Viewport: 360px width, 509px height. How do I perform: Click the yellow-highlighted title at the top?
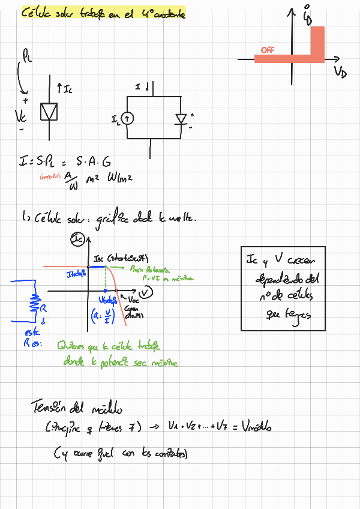pyautogui.click(x=103, y=13)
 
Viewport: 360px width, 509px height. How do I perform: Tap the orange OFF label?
pyautogui.click(x=268, y=50)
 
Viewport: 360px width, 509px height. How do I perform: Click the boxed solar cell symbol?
pyautogui.click(x=49, y=111)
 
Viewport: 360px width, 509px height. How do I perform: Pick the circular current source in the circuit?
pyautogui.click(x=128, y=119)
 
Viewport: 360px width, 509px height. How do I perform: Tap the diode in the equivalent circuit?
pyautogui.click(x=181, y=119)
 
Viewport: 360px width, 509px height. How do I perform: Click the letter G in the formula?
pyautogui.click(x=106, y=162)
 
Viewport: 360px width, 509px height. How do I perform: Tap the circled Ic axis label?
pyautogui.click(x=78, y=241)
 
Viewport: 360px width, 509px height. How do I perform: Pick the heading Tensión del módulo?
pyautogui.click(x=77, y=408)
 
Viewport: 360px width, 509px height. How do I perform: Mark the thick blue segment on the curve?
pyautogui.click(x=97, y=266)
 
